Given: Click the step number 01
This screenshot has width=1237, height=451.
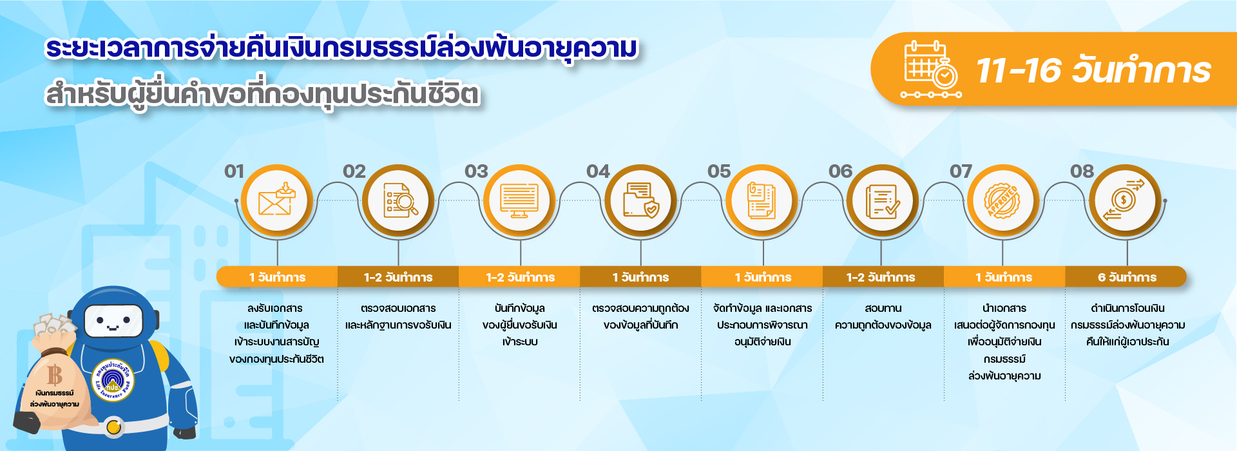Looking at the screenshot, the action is pyautogui.click(x=235, y=171).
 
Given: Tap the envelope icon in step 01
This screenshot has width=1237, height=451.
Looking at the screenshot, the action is pyautogui.click(x=276, y=199).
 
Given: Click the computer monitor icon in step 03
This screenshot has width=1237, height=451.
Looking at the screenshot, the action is pyautogui.click(x=519, y=200).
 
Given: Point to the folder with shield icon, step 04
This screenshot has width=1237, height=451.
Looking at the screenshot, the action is pyautogui.click(x=641, y=200).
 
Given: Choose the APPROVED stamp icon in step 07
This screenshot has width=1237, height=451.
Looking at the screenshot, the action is pyautogui.click(x=1003, y=200).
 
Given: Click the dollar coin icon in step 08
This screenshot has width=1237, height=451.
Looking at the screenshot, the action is pyautogui.click(x=1124, y=200).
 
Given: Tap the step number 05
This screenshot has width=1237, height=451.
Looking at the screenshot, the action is pyautogui.click(x=719, y=171).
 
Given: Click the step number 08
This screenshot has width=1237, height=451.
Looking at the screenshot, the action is pyautogui.click(x=1082, y=171).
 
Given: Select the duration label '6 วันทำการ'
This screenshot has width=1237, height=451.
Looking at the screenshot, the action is pyautogui.click(x=1127, y=277).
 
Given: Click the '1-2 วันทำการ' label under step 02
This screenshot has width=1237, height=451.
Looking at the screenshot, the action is pyautogui.click(x=398, y=277).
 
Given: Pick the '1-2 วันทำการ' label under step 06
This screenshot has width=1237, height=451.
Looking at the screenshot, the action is pyautogui.click(x=881, y=277).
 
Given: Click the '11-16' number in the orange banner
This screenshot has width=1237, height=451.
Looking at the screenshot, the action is pyautogui.click(x=1018, y=71).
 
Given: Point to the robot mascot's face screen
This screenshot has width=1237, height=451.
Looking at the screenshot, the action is pyautogui.click(x=114, y=320).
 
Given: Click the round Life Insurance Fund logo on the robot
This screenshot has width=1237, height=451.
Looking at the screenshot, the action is pyautogui.click(x=113, y=379).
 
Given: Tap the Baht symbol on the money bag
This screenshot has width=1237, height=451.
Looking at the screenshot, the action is pyautogui.click(x=55, y=374).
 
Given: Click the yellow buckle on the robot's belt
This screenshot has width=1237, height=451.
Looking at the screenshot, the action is pyautogui.click(x=114, y=427).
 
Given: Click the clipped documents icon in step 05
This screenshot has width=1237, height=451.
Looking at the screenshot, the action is pyautogui.click(x=761, y=200).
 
